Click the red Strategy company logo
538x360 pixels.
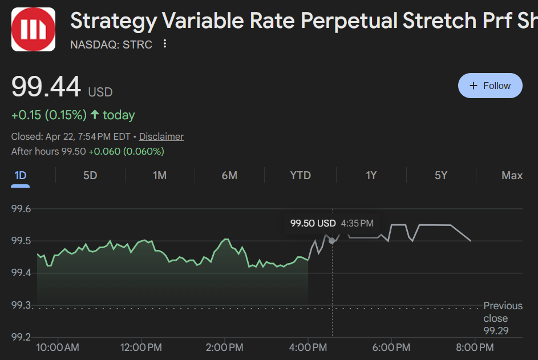coord(34,29)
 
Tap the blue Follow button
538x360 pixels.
coord(490,86)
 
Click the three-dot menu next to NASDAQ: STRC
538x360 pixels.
coord(165,44)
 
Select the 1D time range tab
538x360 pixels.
coord(21,175)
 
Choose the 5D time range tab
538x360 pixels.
coord(90,175)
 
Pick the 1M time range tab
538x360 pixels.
coord(160,175)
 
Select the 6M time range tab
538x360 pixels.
coord(229,175)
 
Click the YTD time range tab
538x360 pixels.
coord(301,175)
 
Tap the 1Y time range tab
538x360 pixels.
coord(371,175)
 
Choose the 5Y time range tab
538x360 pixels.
coord(441,175)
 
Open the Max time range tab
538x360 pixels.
coord(512,175)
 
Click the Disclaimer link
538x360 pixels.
coord(161,136)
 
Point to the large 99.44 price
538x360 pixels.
coord(46,88)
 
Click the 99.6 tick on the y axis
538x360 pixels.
coord(21,209)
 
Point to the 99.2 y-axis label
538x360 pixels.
coord(21,337)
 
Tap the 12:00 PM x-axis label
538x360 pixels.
coord(141,347)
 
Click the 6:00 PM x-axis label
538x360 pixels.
coord(391,347)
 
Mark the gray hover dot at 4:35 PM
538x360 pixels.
coord(332,241)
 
